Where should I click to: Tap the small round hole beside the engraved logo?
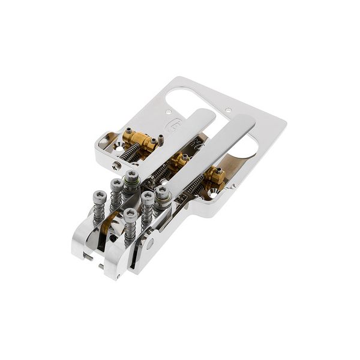tap(169, 112)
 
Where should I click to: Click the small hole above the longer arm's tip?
tap(228, 109)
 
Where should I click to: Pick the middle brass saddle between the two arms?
tap(178, 160)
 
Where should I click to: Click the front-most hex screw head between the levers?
tap(130, 214)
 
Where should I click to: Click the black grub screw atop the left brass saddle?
tap(128, 130)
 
